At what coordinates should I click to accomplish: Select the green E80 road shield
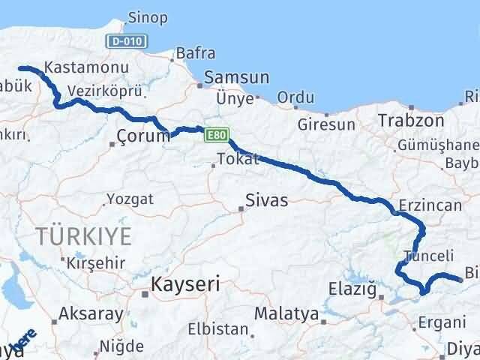[x=216, y=135]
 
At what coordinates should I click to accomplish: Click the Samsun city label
[x=236, y=77]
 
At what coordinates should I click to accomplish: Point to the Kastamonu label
[x=86, y=67]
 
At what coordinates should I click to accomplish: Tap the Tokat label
[x=238, y=159]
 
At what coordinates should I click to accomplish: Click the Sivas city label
[x=267, y=200]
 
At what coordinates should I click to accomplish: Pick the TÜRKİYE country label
[x=83, y=237]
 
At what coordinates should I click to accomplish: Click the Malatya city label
[x=286, y=313]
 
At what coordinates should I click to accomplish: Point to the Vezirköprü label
[x=94, y=90]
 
